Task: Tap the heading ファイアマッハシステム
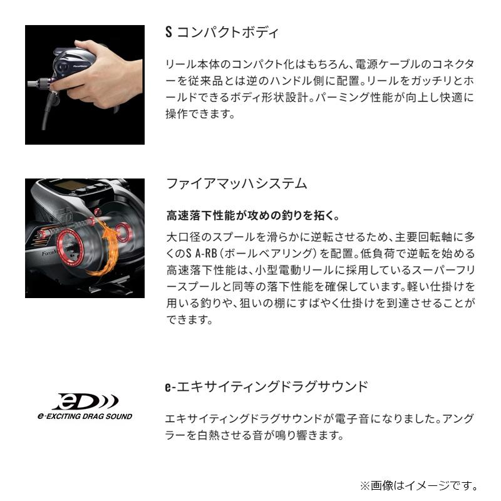(x=236, y=183)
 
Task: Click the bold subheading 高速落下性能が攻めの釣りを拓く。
(x=253, y=216)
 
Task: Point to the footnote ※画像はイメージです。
(x=418, y=485)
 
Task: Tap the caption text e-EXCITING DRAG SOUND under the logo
(x=84, y=416)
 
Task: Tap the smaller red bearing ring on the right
(x=123, y=232)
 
